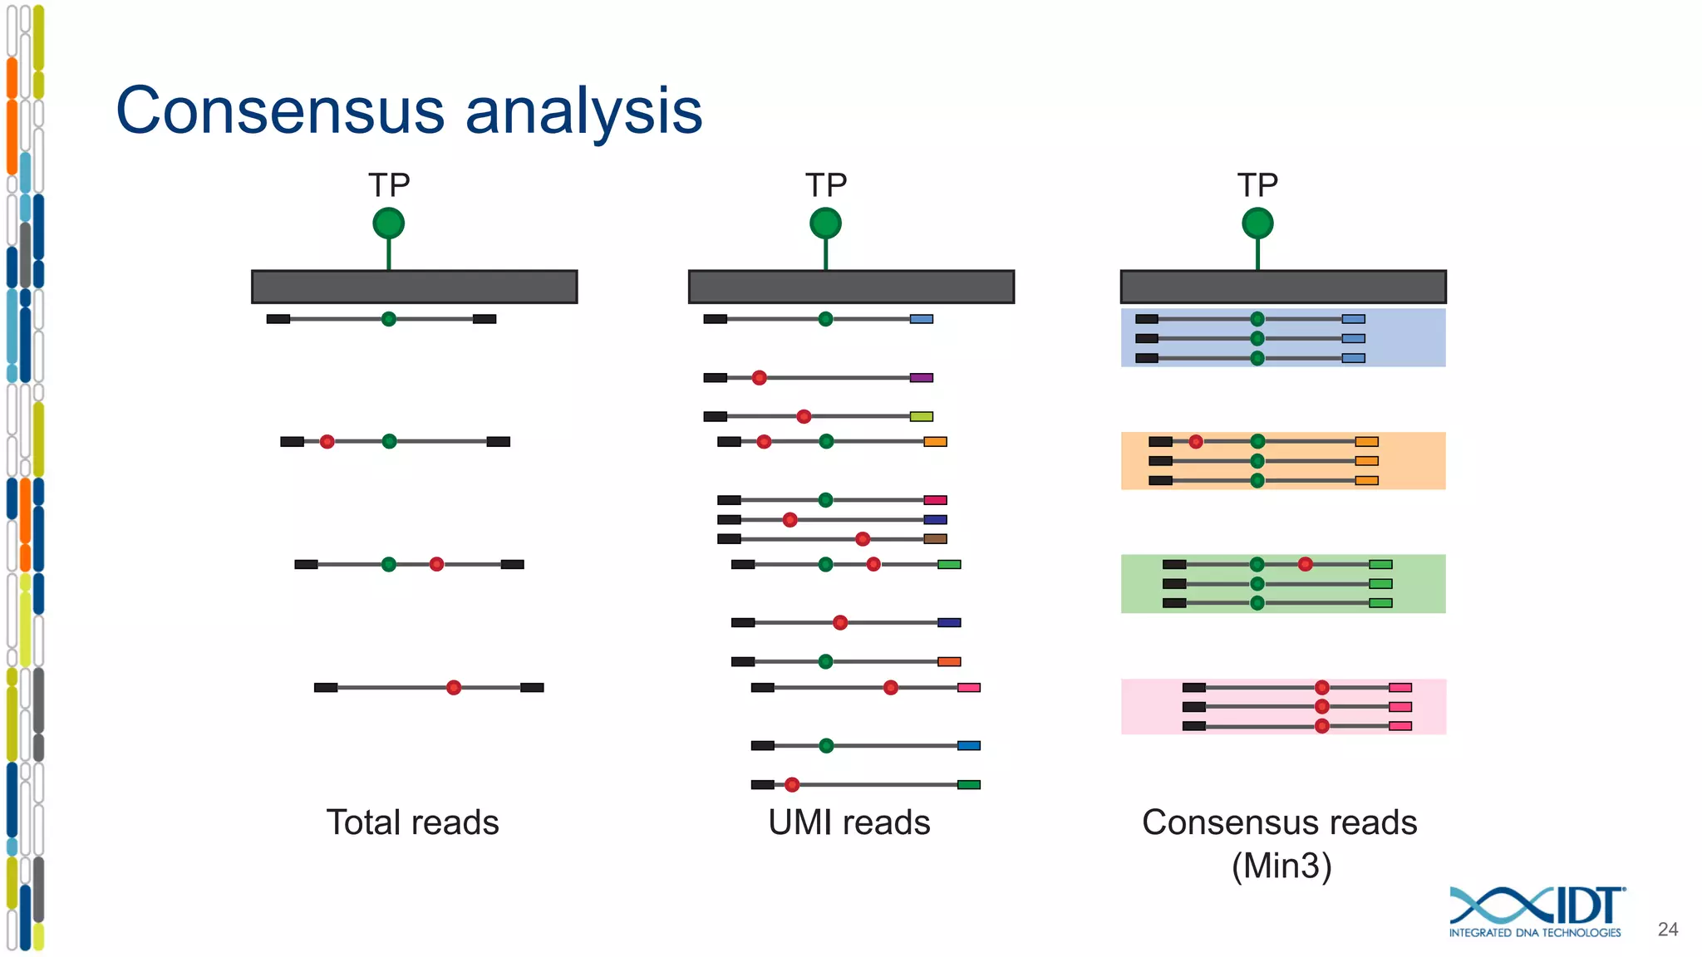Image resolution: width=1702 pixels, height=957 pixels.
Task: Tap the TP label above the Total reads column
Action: (389, 185)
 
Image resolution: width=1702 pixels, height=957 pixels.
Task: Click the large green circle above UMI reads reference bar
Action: (825, 223)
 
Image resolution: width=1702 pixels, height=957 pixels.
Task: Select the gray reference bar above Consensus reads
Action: (1282, 287)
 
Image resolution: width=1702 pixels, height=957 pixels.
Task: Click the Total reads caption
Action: (412, 822)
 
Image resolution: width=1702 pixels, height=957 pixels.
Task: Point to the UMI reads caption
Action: (849, 822)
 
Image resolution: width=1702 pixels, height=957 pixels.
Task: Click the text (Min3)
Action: (1281, 866)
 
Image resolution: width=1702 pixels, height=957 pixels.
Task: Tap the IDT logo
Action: (1537, 911)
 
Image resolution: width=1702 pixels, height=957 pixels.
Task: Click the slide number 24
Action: (1667, 930)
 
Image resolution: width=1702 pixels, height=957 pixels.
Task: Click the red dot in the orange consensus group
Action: (1195, 441)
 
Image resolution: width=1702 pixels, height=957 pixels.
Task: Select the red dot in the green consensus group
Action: (1305, 564)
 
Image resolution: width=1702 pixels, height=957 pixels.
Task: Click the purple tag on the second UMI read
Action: (921, 378)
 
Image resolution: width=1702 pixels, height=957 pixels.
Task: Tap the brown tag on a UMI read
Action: (935, 539)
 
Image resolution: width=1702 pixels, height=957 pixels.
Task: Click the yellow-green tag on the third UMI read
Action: (921, 416)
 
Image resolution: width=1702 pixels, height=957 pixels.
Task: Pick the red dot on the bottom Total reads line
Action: (453, 687)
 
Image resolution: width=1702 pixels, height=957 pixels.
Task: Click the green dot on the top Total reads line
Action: (388, 319)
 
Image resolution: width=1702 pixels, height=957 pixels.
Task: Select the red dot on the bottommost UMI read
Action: (792, 784)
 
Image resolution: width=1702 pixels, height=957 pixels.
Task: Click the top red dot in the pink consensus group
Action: (1321, 687)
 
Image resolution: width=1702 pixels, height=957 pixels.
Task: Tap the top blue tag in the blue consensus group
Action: (1353, 319)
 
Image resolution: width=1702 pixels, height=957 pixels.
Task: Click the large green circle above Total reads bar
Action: (388, 223)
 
